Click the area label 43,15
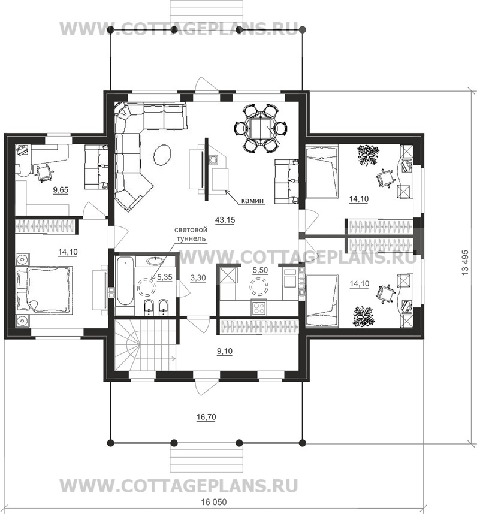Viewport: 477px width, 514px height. (225, 220)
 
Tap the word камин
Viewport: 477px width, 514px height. (252, 201)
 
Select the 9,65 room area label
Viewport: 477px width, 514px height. (61, 189)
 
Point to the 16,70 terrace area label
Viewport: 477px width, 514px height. (206, 417)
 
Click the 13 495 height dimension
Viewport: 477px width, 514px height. (465, 262)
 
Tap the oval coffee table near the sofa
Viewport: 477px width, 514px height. (162, 155)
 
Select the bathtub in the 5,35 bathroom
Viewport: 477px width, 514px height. (125, 281)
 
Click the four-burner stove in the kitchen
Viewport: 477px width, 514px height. (260, 307)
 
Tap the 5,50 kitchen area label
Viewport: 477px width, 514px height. (260, 270)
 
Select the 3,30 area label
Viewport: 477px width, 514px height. (198, 278)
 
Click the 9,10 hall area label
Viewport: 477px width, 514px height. (225, 352)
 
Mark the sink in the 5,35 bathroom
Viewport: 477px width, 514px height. (155, 261)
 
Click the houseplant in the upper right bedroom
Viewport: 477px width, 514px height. (367, 155)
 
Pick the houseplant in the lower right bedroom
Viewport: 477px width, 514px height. (363, 317)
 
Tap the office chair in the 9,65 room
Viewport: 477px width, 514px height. (44, 173)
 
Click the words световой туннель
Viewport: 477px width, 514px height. (191, 234)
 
